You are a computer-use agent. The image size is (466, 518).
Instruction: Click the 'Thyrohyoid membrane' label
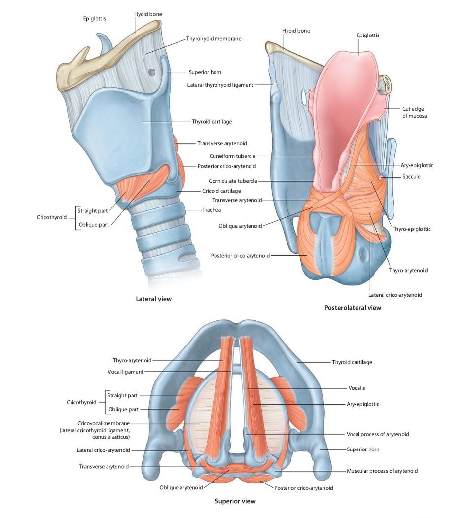tap(214, 38)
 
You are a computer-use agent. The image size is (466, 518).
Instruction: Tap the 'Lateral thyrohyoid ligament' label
tap(220, 85)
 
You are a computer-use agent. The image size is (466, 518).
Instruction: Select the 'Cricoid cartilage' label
tap(221, 191)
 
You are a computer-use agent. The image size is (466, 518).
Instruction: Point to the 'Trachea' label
tap(212, 210)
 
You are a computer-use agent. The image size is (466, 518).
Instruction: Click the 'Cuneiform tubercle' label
tap(232, 156)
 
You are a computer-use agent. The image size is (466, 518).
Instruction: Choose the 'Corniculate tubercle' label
tap(233, 181)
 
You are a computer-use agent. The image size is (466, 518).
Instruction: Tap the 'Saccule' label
tap(411, 177)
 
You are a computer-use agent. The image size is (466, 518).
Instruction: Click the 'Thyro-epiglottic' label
tap(411, 229)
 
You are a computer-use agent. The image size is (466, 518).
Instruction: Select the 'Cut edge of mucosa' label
tap(414, 112)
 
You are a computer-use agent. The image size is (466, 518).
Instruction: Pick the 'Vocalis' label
tap(357, 388)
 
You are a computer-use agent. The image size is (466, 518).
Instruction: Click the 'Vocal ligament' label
tap(125, 372)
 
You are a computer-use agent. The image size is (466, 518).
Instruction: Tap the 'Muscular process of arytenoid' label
tap(382, 471)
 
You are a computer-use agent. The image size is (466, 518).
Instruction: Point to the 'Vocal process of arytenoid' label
tap(378, 434)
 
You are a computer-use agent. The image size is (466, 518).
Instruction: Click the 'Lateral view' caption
tap(154, 299)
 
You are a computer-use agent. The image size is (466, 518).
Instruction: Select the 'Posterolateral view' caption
tap(353, 308)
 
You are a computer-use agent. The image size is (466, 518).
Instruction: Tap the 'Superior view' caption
tap(235, 501)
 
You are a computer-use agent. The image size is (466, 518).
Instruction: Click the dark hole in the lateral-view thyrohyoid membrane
tap(151, 71)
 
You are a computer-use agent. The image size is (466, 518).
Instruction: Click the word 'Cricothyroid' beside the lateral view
tap(52, 217)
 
